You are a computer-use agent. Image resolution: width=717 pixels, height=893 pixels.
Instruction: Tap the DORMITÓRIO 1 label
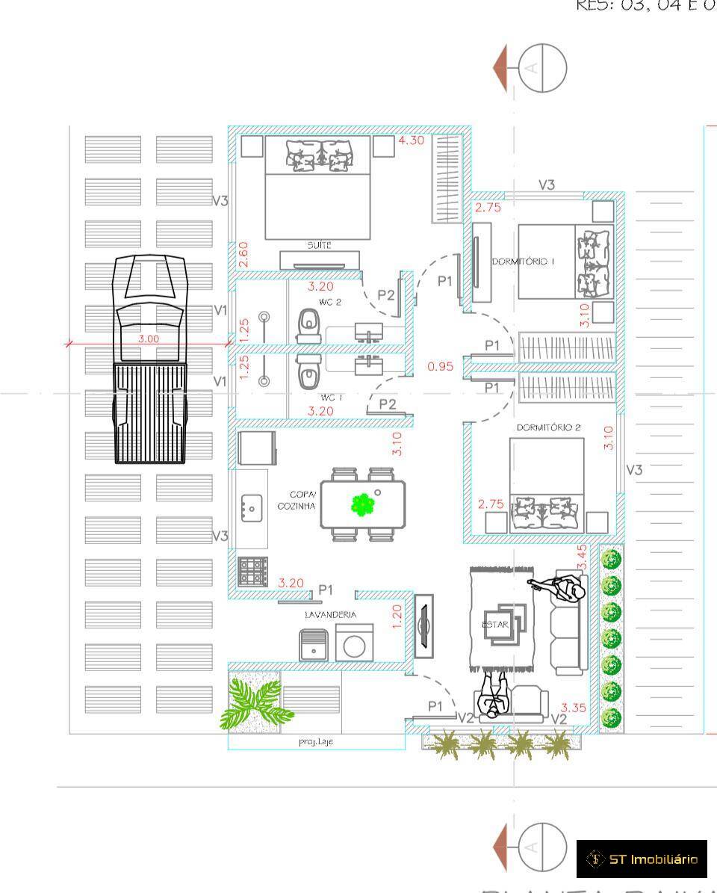(523, 262)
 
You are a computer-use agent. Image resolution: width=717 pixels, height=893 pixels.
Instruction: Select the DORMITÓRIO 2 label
(549, 428)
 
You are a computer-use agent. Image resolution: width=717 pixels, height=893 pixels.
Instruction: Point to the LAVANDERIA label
(329, 614)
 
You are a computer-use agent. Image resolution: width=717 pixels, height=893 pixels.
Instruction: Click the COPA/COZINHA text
(297, 501)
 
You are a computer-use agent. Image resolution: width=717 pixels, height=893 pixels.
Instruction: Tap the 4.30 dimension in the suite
(412, 140)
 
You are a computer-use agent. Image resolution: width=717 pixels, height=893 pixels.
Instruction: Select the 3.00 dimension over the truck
(149, 339)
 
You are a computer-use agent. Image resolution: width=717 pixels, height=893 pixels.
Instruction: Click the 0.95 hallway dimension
(441, 366)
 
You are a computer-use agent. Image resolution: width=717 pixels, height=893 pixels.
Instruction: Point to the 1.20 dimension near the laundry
(397, 616)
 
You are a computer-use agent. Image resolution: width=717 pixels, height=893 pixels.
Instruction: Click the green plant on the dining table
(363, 505)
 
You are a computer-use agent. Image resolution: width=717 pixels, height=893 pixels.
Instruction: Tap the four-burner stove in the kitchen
(252, 572)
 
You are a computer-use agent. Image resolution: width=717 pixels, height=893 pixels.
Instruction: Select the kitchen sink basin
(249, 508)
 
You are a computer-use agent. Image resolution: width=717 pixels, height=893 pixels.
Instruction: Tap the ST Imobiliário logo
(642, 859)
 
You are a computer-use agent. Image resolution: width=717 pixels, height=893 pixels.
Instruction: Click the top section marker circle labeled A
(543, 68)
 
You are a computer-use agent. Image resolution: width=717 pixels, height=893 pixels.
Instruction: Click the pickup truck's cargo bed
(149, 412)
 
